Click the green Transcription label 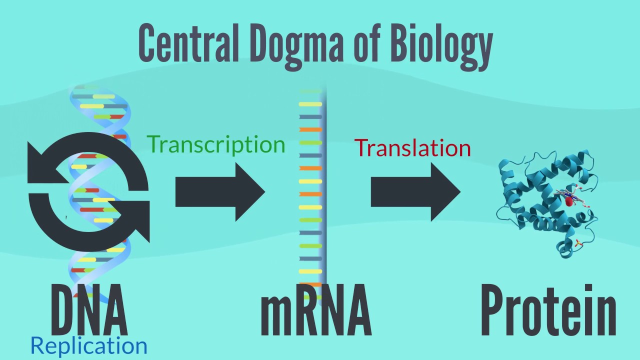[216, 144]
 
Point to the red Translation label [412, 148]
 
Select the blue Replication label [89, 346]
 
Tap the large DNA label [89, 310]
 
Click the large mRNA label [316, 310]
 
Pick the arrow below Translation [415, 191]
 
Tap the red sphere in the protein [569, 201]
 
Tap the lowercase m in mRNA [275, 315]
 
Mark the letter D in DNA [63, 310]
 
